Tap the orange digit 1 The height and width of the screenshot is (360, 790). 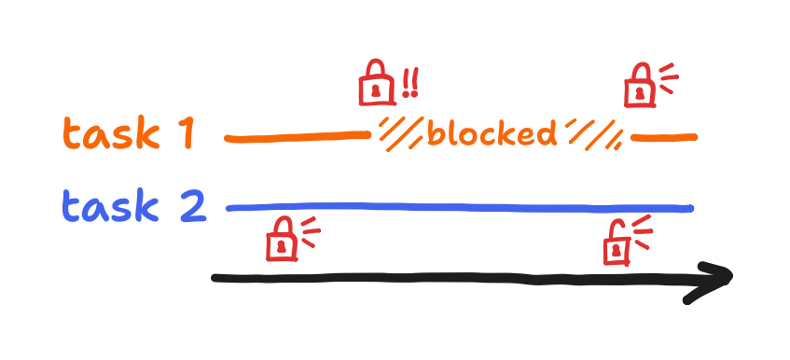185,135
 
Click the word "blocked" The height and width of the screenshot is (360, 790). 491,133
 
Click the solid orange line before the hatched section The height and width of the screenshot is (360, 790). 297,138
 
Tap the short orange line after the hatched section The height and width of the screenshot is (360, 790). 664,138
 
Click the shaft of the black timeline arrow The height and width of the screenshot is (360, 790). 448,278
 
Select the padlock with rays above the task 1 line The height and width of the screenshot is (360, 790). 639,88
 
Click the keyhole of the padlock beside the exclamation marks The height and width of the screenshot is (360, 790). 376,91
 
